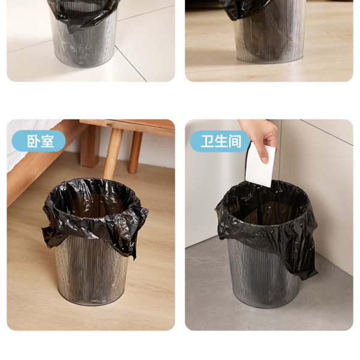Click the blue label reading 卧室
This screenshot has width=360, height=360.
[x=38, y=141]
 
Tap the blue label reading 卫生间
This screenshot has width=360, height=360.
[x=220, y=141]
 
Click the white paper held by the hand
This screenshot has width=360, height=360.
[x=260, y=166]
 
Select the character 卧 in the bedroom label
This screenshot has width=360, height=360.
[x=33, y=141]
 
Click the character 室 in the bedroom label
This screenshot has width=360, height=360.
[x=47, y=141]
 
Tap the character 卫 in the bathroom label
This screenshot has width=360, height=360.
[x=208, y=141]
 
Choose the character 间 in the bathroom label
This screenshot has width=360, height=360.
[x=235, y=141]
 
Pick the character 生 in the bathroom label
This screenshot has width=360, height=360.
[x=221, y=141]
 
